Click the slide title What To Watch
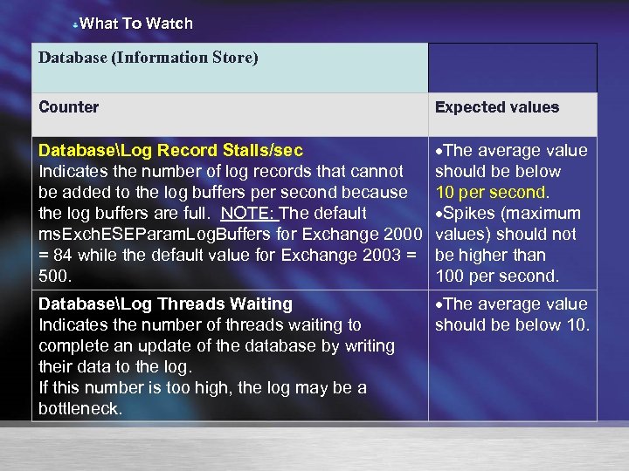coord(135,24)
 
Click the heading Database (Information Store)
coord(149,58)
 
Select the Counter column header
coord(69,107)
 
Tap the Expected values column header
coord(496,107)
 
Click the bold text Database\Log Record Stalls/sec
coord(171,151)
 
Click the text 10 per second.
coord(493,193)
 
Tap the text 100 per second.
coord(497,276)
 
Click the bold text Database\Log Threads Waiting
coord(166,304)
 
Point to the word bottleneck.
coord(79,409)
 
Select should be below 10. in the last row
coord(513,325)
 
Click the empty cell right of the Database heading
coord(512,68)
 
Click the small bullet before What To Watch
coord(75,25)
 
